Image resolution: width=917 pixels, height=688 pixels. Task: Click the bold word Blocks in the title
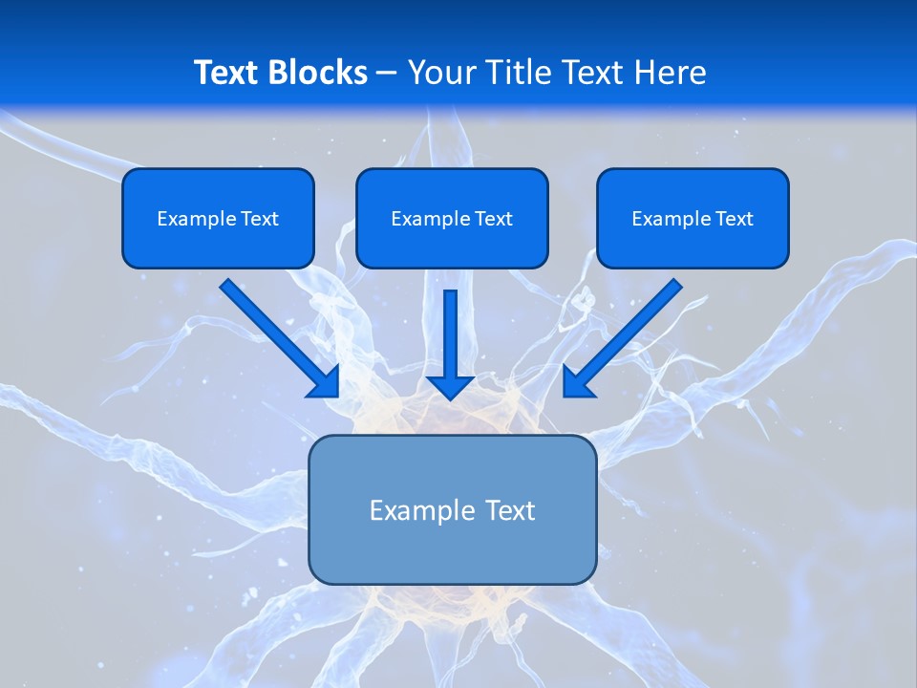pos(319,73)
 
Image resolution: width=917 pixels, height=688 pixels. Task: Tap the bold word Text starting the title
pos(230,73)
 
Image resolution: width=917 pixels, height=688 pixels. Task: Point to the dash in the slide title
pos(387,74)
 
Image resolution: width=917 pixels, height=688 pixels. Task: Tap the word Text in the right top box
pos(734,219)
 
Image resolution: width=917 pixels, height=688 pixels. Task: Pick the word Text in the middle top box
pos(493,219)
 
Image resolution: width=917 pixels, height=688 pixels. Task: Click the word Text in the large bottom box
pos(511,510)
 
